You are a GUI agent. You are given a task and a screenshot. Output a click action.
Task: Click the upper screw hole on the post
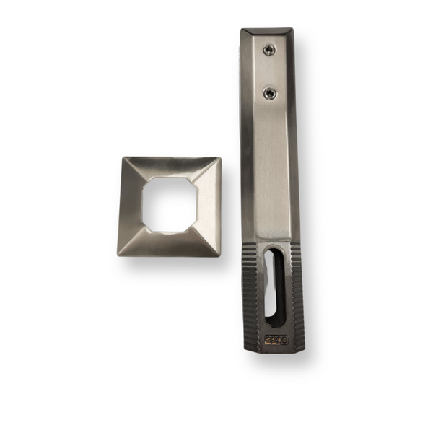coord(268,49)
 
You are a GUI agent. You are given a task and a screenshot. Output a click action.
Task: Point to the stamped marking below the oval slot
coord(275,338)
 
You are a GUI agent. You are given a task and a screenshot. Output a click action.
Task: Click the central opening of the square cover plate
coord(169,204)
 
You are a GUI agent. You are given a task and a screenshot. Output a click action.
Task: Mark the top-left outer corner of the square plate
coord(123,158)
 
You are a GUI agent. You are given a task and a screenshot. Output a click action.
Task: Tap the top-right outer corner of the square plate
coord(221,158)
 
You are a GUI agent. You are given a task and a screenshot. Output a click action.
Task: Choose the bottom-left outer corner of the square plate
coord(117,255)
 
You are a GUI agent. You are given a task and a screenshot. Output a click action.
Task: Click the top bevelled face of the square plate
coord(172,167)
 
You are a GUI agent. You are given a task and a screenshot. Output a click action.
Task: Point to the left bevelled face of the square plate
coord(131,206)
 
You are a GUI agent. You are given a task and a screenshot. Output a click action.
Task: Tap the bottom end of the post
coord(274,349)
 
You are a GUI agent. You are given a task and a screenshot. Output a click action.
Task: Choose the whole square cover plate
coord(169,206)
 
